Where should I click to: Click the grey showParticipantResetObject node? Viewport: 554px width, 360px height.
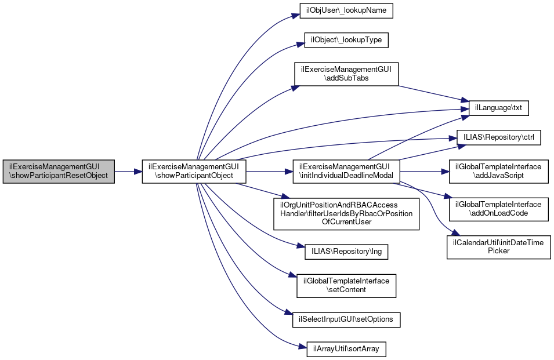[x=59, y=172]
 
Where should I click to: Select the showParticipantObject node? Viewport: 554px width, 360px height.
[x=195, y=172]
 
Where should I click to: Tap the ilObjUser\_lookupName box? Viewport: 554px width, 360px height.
[x=346, y=11]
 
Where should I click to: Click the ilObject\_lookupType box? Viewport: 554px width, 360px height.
[x=346, y=41]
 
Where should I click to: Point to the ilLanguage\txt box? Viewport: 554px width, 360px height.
[x=494, y=108]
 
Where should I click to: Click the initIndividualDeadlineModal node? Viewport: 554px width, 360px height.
[x=346, y=172]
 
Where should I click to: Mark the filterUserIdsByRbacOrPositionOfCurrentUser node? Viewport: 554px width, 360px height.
[x=346, y=213]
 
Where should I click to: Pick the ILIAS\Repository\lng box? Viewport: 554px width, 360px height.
[x=346, y=252]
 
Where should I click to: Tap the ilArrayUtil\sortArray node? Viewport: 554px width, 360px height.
[x=346, y=349]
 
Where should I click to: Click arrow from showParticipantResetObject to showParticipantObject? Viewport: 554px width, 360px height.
[x=128, y=172]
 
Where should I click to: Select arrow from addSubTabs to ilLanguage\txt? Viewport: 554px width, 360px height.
[x=429, y=93]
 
